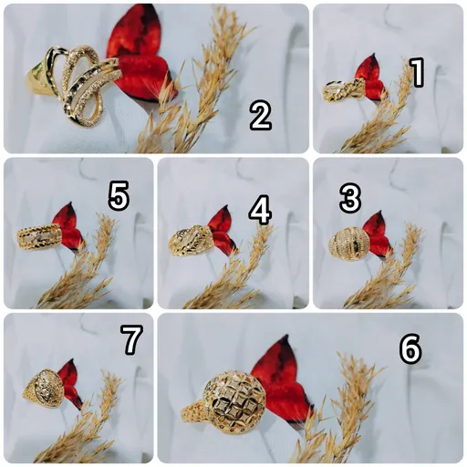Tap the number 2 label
[x=261, y=115]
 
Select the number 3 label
[x=350, y=198]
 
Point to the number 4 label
[x=260, y=211]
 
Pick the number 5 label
[x=119, y=195]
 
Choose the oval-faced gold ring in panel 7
[x=43, y=388]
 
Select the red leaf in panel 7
[x=69, y=384]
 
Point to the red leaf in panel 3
[x=377, y=234]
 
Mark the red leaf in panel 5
[x=68, y=226]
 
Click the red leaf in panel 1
[x=371, y=78]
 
